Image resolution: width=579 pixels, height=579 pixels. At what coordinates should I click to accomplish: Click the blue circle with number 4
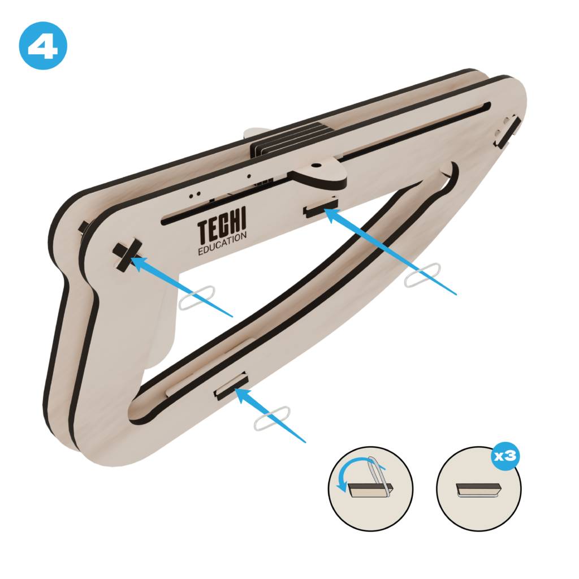click(x=43, y=45)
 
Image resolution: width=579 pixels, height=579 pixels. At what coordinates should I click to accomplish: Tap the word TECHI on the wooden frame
click(x=222, y=224)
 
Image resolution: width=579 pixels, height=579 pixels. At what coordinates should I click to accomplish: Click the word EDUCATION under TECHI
click(x=222, y=244)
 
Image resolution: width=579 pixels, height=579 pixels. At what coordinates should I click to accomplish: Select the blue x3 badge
click(x=505, y=456)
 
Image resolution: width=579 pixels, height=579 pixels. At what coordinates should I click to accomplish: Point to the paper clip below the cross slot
click(x=197, y=297)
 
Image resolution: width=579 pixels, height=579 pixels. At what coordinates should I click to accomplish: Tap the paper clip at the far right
click(x=422, y=275)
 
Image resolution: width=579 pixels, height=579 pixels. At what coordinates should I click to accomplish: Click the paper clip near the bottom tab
click(x=272, y=418)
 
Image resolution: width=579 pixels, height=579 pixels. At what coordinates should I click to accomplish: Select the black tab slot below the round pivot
click(x=321, y=207)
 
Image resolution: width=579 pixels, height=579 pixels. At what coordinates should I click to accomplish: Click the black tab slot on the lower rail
click(x=231, y=386)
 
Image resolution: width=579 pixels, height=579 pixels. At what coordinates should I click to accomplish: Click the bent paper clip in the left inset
click(x=380, y=477)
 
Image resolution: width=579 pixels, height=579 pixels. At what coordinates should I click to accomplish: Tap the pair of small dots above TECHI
click(x=195, y=195)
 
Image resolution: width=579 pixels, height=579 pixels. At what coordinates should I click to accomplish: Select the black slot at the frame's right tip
click(x=508, y=132)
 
